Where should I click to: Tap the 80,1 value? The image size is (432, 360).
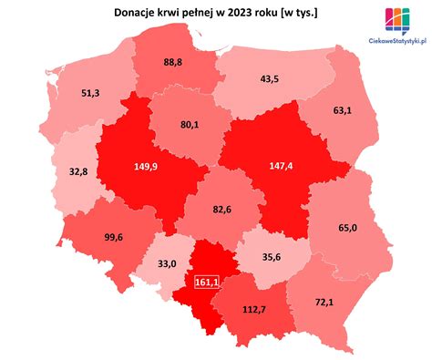[190, 126]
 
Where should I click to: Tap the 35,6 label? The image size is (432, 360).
[272, 259]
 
